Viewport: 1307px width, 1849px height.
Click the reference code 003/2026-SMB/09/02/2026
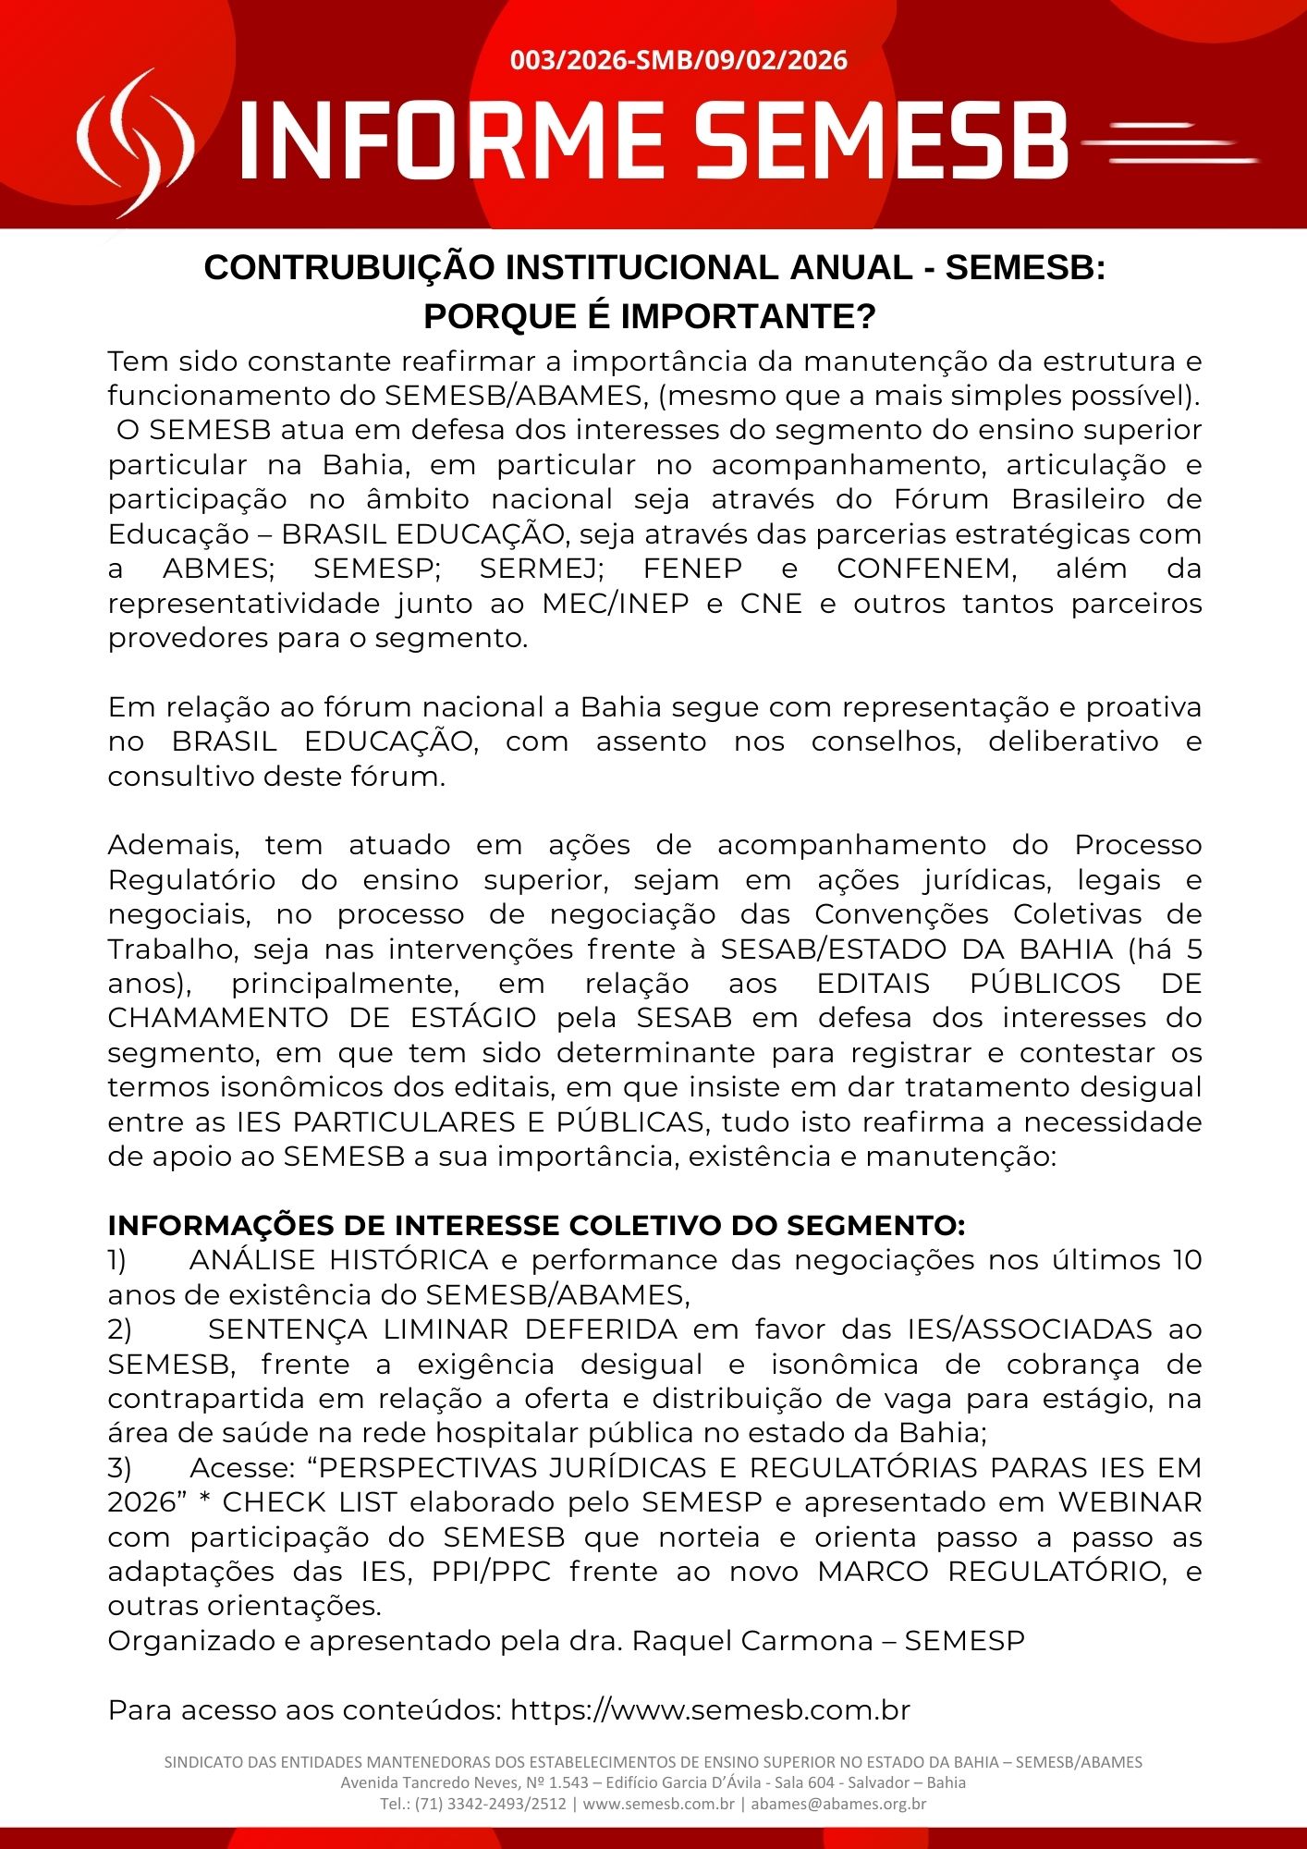click(678, 61)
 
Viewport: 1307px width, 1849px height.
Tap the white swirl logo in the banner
click(135, 143)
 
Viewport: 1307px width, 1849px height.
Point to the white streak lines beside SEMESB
click(1168, 144)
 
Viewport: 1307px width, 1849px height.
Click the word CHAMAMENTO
click(217, 1018)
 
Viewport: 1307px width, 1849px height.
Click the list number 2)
click(119, 1329)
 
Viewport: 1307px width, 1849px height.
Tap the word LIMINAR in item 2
click(446, 1329)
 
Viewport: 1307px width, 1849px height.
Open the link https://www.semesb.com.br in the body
click(710, 1710)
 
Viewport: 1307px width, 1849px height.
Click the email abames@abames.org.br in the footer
click(838, 1804)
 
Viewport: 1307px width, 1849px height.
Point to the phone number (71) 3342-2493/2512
click(490, 1804)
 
